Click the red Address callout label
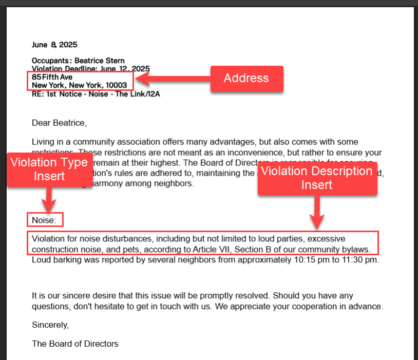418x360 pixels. [x=246, y=78]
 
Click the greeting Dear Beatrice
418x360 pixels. [x=59, y=123]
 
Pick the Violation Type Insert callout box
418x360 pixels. [x=49, y=169]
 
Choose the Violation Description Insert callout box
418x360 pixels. [x=317, y=178]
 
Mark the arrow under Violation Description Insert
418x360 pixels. [x=317, y=213]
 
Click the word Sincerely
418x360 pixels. [x=50, y=325]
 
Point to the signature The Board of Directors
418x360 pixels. [x=75, y=344]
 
